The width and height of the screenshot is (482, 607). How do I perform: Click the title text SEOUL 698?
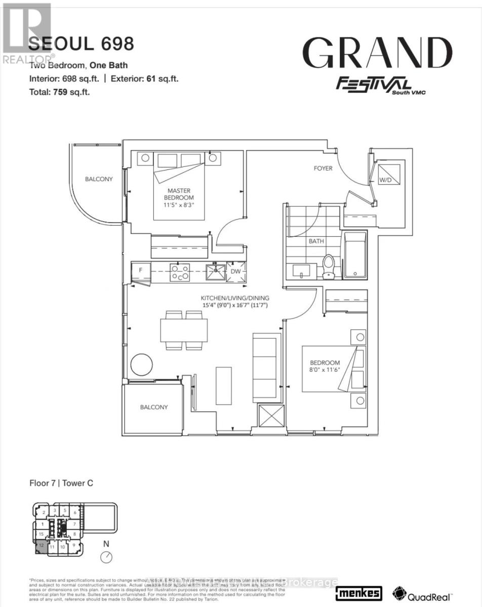pos(81,45)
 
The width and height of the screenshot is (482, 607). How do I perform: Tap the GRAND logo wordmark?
pos(377,54)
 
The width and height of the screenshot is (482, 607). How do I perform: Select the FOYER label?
pos(323,168)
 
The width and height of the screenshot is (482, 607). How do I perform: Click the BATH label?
pos(316,241)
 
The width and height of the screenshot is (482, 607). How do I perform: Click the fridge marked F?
pos(141,271)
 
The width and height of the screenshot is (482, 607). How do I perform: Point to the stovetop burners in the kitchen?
pos(180,273)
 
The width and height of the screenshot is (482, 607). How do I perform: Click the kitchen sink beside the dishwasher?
pos(216,272)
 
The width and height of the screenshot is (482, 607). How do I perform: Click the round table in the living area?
pos(143,364)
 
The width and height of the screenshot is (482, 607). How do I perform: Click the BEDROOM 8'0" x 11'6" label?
pos(325,366)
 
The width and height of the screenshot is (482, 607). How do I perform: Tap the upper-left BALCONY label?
pos(99,179)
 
